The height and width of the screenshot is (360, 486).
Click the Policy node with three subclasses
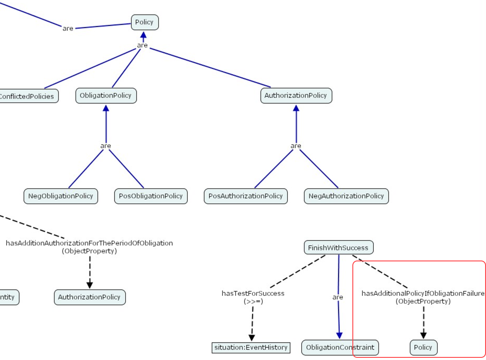point(145,22)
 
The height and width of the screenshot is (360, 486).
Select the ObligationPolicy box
point(106,96)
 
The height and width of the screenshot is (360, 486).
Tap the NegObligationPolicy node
point(61,196)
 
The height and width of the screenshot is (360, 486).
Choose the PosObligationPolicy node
point(151,196)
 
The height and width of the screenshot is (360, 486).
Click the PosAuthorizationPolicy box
point(245,196)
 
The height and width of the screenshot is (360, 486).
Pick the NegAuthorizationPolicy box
point(346,196)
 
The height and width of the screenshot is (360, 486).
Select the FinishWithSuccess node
point(338,248)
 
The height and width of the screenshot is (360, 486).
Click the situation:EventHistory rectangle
point(251,347)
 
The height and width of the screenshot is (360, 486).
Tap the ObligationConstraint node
point(340,347)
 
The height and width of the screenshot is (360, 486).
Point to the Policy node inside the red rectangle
point(423,347)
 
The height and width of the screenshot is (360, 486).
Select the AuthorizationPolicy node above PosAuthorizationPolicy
point(296,96)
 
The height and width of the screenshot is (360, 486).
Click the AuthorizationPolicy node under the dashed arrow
point(90,297)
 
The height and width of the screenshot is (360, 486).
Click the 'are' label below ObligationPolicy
point(106,146)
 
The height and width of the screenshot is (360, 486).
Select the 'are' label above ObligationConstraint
point(338,297)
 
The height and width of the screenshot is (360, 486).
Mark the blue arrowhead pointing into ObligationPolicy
point(106,107)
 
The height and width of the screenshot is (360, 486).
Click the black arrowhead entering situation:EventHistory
point(252,338)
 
